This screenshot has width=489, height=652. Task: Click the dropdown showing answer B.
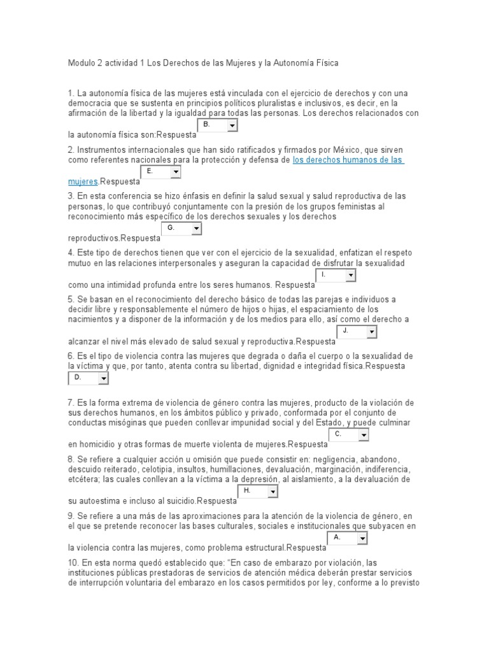pos(217,126)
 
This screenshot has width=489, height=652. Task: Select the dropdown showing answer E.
pos(160,173)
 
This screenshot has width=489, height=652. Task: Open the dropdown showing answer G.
pos(181,229)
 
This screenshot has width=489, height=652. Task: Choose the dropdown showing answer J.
pos(357,332)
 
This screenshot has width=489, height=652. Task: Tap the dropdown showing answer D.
pos(88,378)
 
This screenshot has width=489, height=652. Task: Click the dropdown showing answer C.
pos(349,435)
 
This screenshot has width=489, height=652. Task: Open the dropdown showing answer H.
pos(257,492)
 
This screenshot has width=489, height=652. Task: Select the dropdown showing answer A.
pos(348,539)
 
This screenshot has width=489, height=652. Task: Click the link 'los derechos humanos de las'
pos(348,160)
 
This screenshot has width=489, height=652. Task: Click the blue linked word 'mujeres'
pos(83,181)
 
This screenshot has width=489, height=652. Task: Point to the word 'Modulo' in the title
pos(81,63)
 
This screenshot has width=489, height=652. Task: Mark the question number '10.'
pos(73,562)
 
